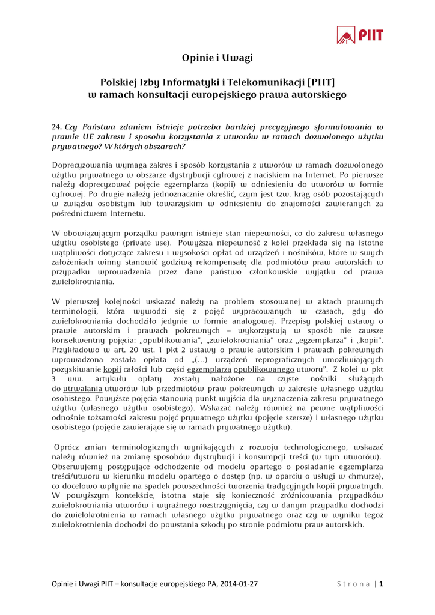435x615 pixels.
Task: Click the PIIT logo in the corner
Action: click(359, 35)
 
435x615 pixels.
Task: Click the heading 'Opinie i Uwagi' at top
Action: click(218, 58)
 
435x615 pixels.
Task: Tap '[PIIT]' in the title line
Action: click(321, 82)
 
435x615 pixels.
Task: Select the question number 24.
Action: click(57, 127)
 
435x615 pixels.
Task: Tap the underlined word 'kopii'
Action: click(112, 369)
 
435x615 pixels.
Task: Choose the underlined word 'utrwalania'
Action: click(83, 389)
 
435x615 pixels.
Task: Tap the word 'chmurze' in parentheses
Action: click(366, 476)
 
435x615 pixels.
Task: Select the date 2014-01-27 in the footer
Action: click(236, 583)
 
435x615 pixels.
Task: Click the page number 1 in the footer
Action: click(381, 583)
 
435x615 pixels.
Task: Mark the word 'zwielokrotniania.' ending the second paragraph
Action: click(84, 281)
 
